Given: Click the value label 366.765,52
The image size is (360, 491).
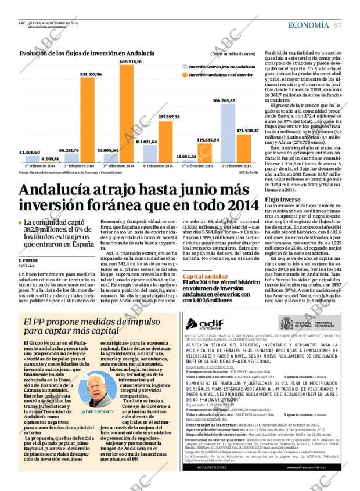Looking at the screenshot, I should (224, 101).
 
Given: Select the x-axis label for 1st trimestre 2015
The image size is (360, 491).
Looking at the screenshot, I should (196, 166).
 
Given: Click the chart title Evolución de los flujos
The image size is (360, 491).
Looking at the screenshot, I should (87, 53).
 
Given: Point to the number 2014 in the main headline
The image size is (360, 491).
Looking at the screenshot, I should (240, 205).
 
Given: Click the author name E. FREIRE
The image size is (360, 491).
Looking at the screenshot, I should (28, 261).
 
